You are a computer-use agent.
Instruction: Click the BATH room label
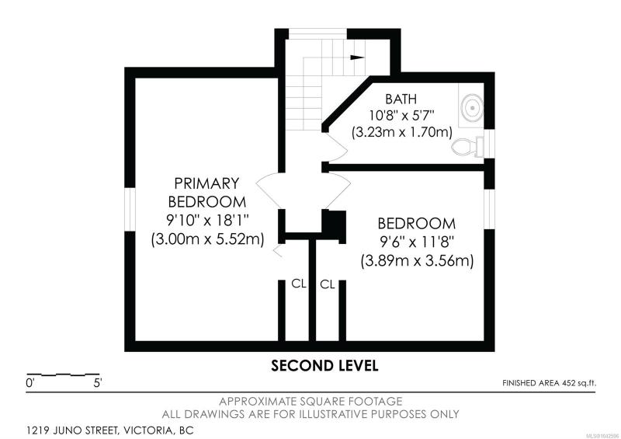point(401,99)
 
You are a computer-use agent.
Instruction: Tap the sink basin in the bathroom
point(472,107)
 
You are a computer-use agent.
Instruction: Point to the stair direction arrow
point(357,57)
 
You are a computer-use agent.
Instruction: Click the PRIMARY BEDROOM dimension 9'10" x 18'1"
point(208,220)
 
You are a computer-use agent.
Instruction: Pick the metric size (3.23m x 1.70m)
point(402,132)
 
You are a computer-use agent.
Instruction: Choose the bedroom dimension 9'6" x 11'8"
point(416,242)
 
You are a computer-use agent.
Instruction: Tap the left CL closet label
point(299,284)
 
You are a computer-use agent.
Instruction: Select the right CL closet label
point(328,284)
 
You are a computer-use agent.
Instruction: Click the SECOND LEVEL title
point(324,366)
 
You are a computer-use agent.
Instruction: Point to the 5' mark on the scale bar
point(98,384)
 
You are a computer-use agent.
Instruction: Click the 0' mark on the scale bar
point(30,384)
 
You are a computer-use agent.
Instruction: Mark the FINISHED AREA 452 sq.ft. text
point(549,383)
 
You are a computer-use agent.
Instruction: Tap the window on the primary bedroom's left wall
point(130,209)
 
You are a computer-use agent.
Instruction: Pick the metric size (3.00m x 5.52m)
point(207,239)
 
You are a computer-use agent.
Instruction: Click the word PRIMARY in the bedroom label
point(206,183)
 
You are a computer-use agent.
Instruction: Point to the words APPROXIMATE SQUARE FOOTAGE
point(310,402)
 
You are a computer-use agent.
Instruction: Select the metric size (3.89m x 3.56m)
point(417,261)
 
